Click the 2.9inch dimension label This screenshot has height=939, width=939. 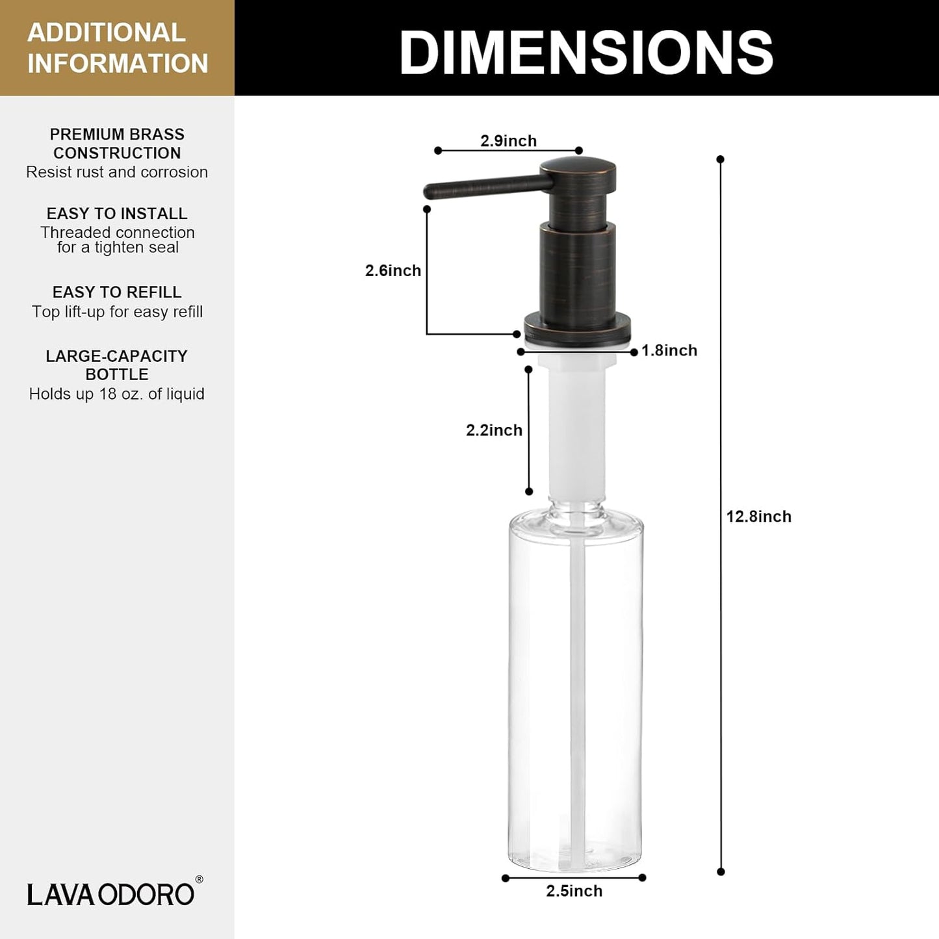508,141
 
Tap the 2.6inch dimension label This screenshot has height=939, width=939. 392,270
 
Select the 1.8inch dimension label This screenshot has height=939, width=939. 669,350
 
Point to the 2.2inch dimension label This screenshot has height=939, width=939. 494,430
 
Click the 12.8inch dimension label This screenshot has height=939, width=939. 758,517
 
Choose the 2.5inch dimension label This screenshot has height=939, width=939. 574,891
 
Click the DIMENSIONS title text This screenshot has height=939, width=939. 585,52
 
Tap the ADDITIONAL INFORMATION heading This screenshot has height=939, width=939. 117,48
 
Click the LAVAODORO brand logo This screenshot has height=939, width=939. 110,894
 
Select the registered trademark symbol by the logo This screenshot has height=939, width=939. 199,880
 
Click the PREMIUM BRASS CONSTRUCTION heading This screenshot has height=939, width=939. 117,144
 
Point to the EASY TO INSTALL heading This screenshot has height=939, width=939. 117,214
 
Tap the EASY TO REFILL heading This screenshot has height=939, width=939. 117,292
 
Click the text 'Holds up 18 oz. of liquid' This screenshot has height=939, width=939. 117,394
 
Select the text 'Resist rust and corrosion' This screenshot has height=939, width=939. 117,172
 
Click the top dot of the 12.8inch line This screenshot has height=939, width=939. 720,159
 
